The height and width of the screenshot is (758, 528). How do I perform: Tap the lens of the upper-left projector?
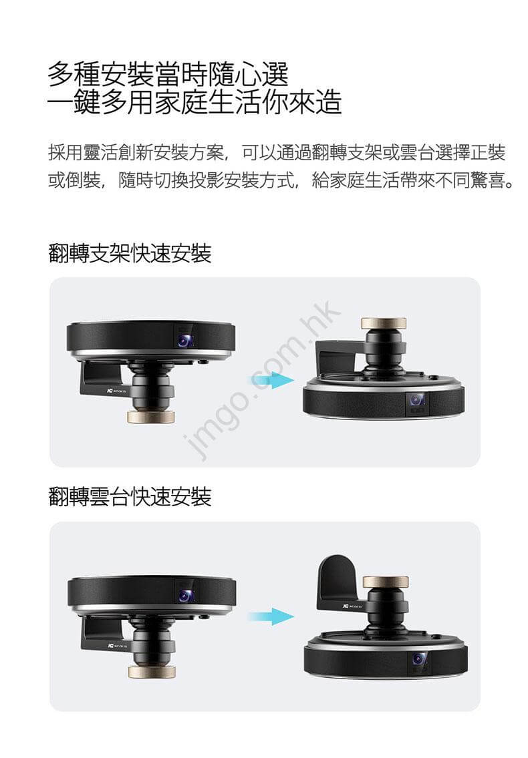coord(184,340)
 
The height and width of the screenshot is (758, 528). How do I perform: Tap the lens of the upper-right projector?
coord(416,400)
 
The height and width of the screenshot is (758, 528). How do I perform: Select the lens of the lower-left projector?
coord(185,596)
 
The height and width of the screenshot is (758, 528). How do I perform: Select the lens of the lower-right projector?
coord(419,659)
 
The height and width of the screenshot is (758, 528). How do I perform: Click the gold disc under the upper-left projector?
coord(150,417)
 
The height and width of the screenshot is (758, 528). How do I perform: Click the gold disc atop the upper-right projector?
coord(384,323)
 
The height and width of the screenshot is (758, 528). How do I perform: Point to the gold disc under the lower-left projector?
coord(152,671)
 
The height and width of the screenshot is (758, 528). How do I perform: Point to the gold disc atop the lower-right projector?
coord(386,582)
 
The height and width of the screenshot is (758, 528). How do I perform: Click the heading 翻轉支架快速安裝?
coord(130,253)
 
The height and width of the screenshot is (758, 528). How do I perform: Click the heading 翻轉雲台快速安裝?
coord(130,497)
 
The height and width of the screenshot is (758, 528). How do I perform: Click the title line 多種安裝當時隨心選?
coord(168,74)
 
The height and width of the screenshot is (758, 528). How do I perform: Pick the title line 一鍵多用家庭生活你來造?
coord(194,102)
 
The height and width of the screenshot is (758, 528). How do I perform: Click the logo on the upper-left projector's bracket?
coord(115,391)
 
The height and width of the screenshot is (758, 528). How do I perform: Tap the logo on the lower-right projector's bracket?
coord(352,605)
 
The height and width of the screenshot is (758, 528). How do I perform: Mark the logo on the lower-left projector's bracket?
coord(117,646)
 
